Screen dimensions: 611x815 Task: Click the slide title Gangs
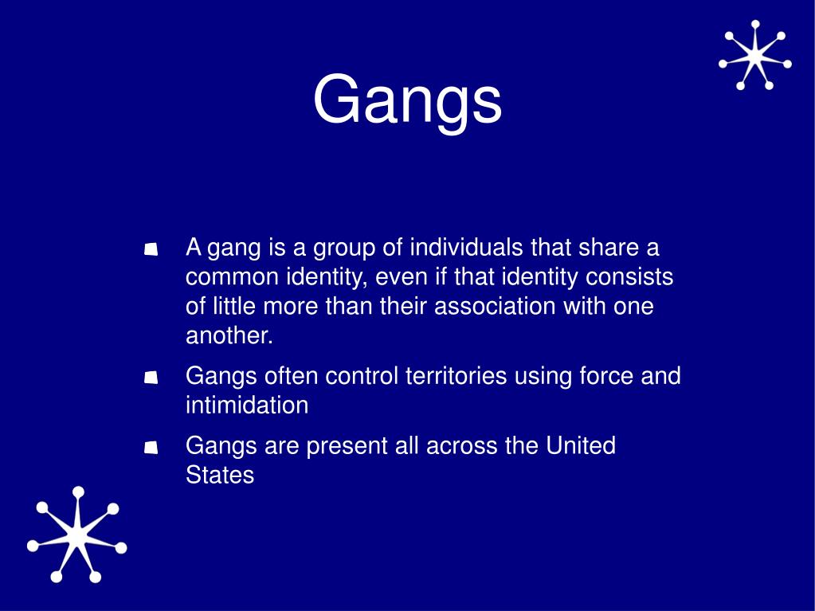[x=407, y=101]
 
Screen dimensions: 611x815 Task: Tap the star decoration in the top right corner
[x=754, y=55]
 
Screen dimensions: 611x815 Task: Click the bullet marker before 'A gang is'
[x=151, y=250]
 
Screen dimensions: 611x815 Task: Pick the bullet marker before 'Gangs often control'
[x=151, y=378]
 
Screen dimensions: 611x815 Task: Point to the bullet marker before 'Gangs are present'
[x=151, y=448]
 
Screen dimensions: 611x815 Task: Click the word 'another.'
[x=229, y=336]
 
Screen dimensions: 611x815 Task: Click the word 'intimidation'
[x=247, y=405]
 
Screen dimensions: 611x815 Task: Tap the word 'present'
[x=347, y=445]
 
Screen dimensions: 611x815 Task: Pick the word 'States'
[x=220, y=475]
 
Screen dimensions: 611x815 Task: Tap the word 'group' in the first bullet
[x=344, y=249]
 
